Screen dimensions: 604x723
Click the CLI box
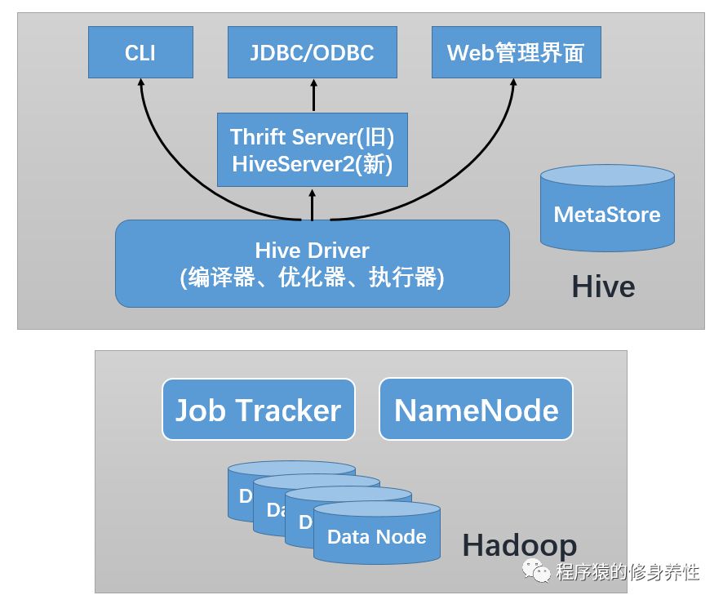coord(140,53)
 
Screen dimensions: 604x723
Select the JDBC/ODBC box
coord(312,53)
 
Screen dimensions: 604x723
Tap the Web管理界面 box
coord(515,53)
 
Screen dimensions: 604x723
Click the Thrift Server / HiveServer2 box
coord(312,149)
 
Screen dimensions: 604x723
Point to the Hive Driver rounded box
coord(312,264)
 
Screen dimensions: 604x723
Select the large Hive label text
coord(603,286)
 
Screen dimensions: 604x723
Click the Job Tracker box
coord(258,409)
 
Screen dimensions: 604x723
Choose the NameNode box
coord(476,409)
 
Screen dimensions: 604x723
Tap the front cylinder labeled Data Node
coord(376,537)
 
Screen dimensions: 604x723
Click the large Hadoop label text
coord(519,545)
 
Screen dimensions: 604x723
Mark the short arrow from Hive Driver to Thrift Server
coord(312,203)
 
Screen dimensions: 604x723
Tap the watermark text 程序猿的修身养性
coord(628,571)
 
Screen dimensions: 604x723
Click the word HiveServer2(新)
coord(312,164)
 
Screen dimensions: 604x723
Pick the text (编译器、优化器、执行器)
coord(312,278)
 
